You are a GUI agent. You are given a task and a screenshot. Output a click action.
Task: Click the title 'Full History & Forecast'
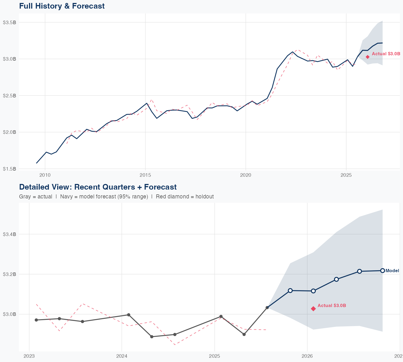pos(62,6)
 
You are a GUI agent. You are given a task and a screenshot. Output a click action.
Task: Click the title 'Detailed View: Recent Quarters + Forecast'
pos(98,187)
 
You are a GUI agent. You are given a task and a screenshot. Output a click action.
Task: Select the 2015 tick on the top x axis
pos(145,175)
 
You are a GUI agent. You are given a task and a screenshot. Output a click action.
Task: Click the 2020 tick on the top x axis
pos(246,175)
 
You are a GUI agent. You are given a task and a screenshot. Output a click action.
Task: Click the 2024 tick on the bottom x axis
pos(122,356)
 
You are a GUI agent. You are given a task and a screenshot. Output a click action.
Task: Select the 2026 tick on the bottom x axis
pos(307,356)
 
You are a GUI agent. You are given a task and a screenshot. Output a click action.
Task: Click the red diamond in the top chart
pos(368,57)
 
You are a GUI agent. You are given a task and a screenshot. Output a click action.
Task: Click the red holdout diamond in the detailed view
pos(313,309)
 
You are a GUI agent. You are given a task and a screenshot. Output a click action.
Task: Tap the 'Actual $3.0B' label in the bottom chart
pos(332,305)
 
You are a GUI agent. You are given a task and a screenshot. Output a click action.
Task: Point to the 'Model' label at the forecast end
pos(392,271)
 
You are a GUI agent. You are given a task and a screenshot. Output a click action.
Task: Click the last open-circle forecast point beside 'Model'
pos(383,271)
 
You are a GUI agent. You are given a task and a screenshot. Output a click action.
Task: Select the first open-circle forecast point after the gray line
pos(290,290)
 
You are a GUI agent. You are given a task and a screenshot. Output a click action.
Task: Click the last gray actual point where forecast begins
pos(267,308)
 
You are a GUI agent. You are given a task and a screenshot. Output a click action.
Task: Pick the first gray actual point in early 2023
pos(36,320)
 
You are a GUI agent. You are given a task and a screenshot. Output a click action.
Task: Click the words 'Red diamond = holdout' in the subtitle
pos(185,197)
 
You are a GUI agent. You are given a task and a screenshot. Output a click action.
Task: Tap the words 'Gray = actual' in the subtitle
pos(36,197)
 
